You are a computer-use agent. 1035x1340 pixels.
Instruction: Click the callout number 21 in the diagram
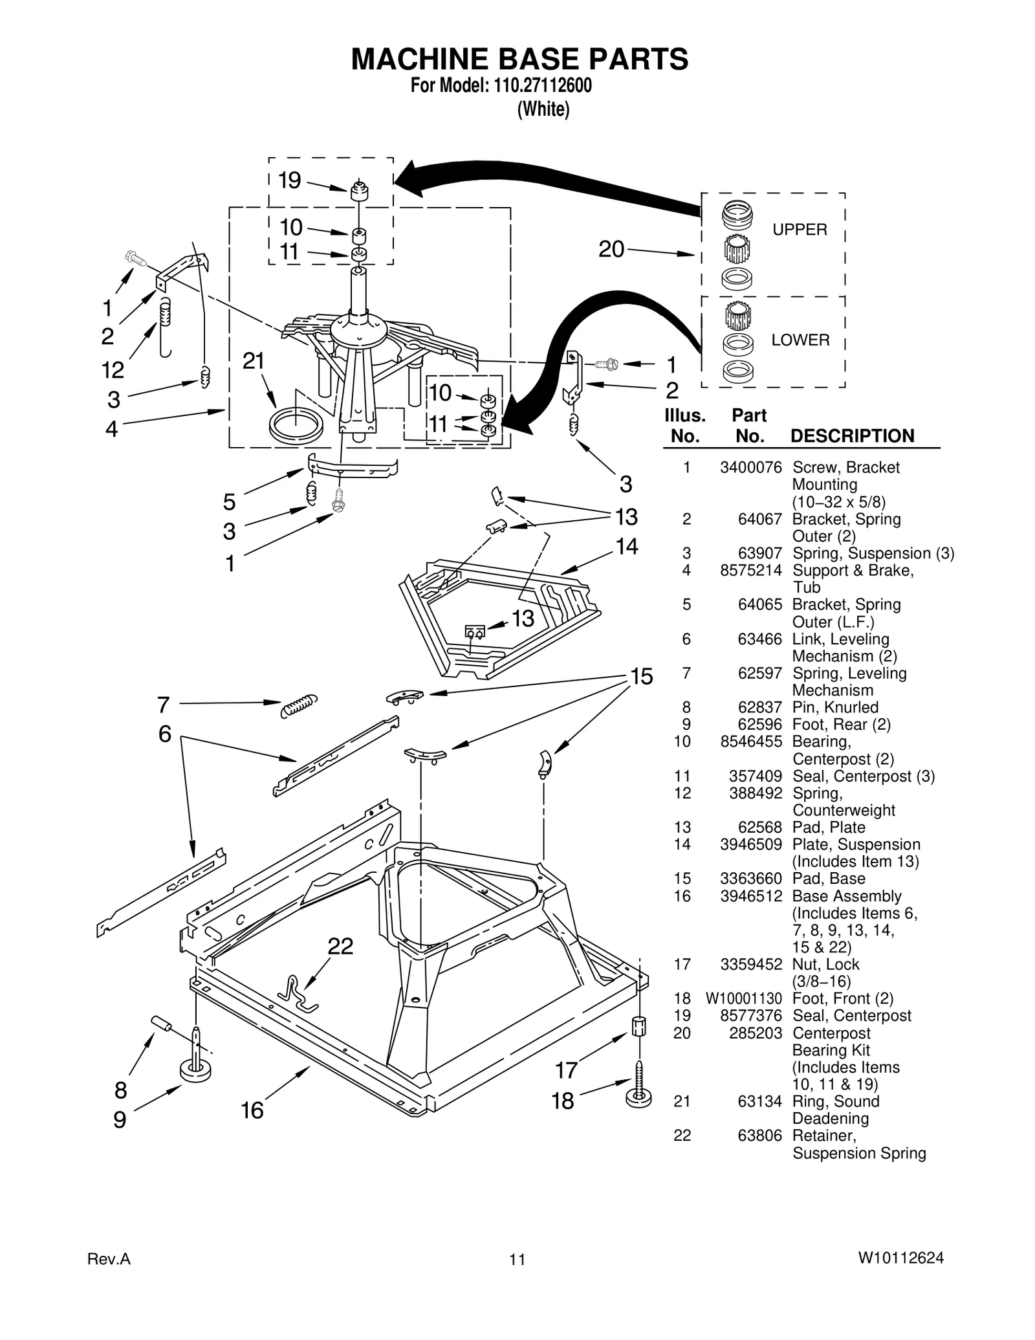pyautogui.click(x=254, y=361)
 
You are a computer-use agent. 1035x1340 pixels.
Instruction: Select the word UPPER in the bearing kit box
pyautogui.click(x=800, y=230)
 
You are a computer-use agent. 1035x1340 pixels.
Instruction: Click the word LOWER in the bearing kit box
pyautogui.click(x=800, y=340)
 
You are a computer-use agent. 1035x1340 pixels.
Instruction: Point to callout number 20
pyautogui.click(x=611, y=249)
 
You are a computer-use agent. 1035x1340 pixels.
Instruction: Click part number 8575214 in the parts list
pyautogui.click(x=750, y=570)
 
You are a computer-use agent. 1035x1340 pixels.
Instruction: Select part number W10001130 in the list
pyautogui.click(x=743, y=998)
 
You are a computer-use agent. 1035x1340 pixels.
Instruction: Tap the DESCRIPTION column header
pyautogui.click(x=852, y=435)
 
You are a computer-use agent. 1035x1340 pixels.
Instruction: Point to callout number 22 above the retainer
pyautogui.click(x=340, y=947)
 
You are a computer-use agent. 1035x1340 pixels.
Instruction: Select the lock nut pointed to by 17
pyautogui.click(x=638, y=1027)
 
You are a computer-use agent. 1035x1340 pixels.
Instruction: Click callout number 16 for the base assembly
pyautogui.click(x=252, y=1110)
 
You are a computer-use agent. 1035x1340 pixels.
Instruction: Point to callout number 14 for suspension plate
pyautogui.click(x=626, y=547)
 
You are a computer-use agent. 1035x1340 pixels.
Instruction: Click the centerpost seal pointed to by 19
pyautogui.click(x=358, y=192)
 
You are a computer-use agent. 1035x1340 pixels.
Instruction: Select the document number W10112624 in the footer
pyautogui.click(x=900, y=1258)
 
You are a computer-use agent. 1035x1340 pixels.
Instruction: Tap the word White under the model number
pyautogui.click(x=543, y=110)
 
